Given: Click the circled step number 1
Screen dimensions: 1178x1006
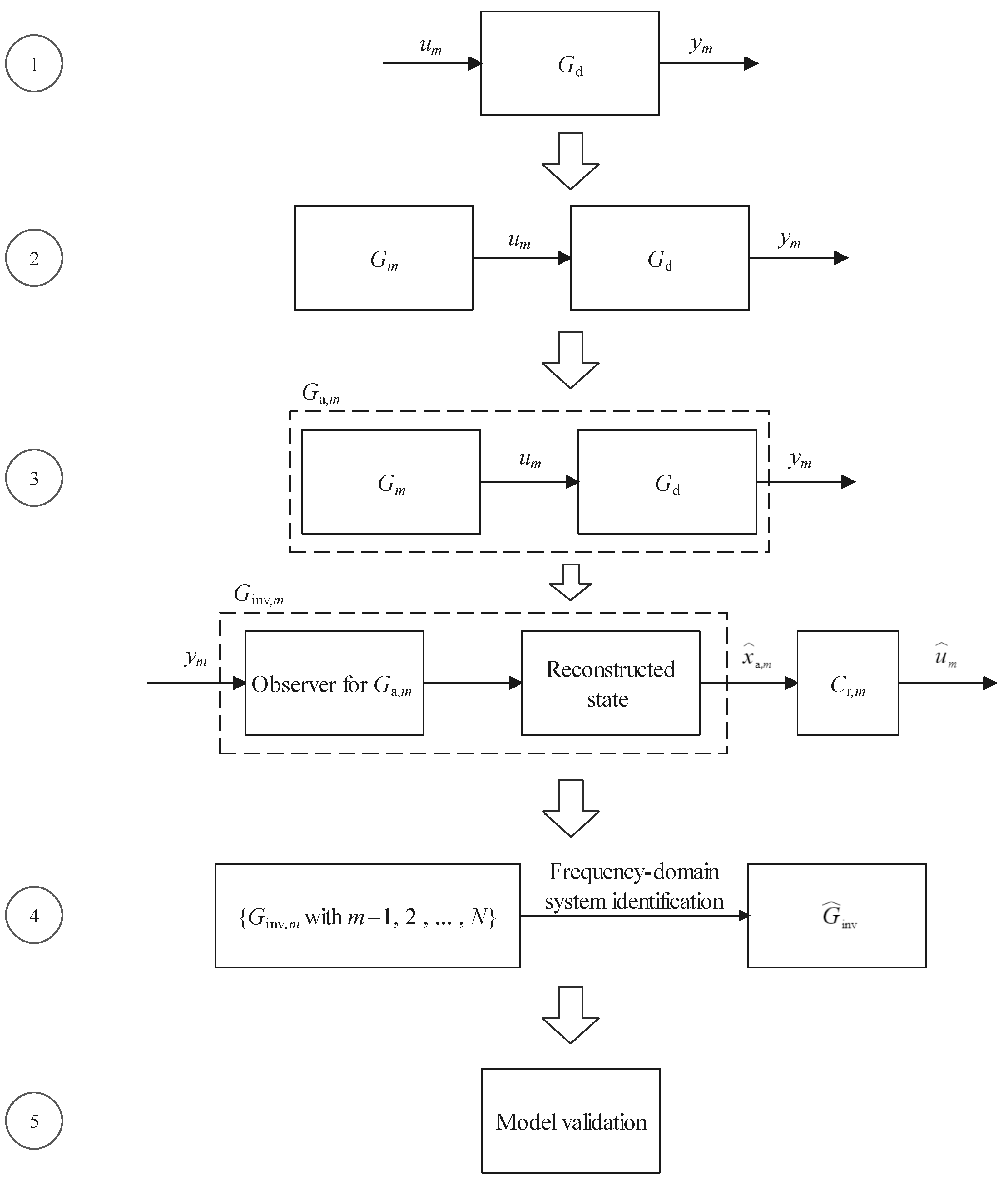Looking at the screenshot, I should (34, 64).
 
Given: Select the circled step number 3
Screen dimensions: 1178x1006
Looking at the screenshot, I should (34, 478).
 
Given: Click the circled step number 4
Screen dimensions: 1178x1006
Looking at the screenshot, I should (34, 915).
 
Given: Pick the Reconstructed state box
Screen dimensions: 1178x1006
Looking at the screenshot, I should (610, 683).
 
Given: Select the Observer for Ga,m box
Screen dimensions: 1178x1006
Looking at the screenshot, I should (334, 683).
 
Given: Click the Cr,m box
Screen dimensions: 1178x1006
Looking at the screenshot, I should (847, 683).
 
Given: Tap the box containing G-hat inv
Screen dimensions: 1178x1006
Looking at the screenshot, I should (837, 915).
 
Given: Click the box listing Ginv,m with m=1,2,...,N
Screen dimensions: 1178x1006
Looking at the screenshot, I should (367, 915).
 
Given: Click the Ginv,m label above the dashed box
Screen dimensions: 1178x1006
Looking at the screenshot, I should (259, 595).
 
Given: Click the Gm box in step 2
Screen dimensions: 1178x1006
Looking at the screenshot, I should (384, 257).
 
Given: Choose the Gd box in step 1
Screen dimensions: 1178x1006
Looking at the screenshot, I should (570, 64).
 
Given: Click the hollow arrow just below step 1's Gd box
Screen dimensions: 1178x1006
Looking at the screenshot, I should (571, 160).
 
